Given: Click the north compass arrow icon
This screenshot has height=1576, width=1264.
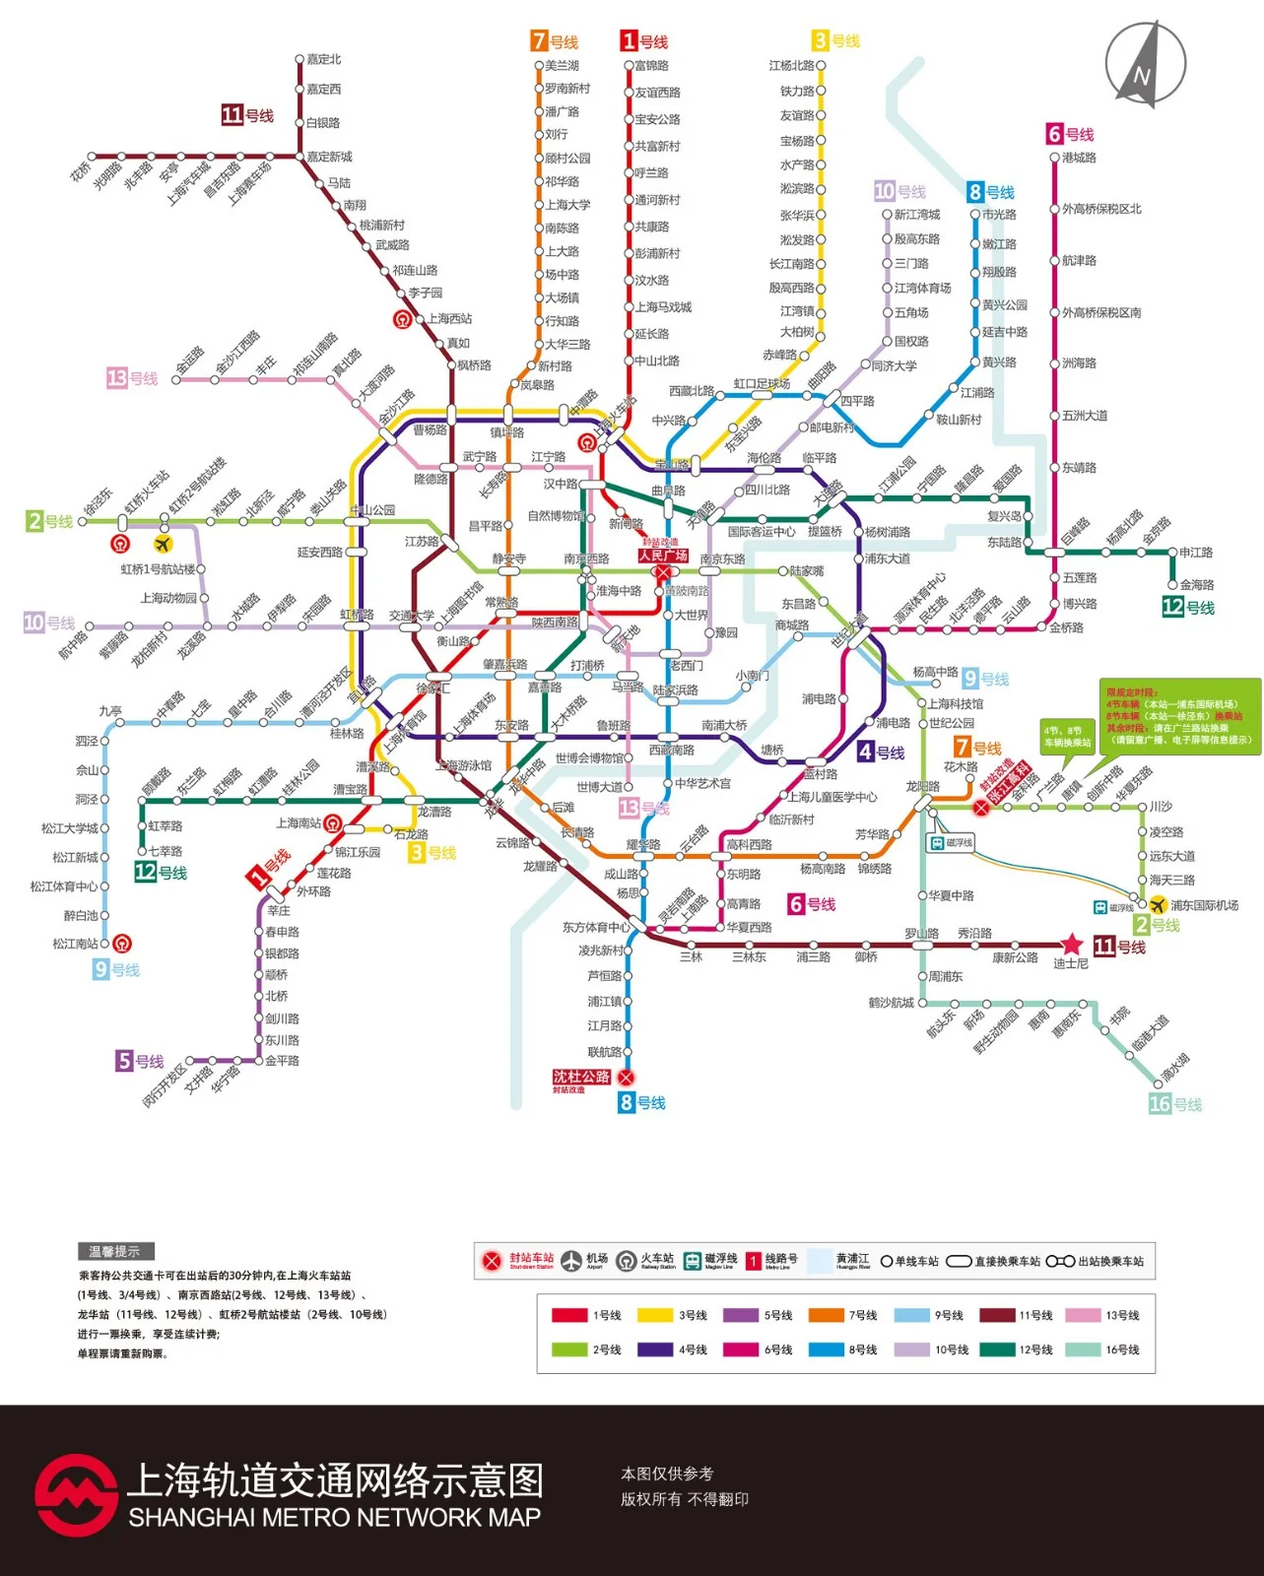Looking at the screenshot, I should click(1145, 64).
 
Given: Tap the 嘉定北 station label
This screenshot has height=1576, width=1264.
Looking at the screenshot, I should click(323, 59).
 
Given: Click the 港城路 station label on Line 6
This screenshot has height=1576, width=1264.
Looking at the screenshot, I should click(1079, 158).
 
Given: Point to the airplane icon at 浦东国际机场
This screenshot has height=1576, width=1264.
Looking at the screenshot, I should click(1158, 904).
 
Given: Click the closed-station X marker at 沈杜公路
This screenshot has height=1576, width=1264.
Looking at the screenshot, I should click(626, 1078).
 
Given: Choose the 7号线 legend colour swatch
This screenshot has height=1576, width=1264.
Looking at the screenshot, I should click(826, 1315).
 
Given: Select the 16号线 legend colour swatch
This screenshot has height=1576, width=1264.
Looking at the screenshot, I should click(1083, 1349).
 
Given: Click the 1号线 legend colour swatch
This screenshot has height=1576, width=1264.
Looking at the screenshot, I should click(569, 1315).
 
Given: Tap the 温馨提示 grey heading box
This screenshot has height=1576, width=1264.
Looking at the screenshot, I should click(115, 1252).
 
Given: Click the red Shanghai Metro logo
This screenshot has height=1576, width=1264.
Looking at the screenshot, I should click(75, 1494).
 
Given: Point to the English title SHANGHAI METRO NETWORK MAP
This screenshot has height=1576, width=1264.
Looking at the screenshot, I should click(334, 1518).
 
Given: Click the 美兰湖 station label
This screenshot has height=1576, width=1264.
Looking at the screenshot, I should click(562, 66).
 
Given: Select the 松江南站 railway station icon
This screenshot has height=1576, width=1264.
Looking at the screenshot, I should click(121, 944).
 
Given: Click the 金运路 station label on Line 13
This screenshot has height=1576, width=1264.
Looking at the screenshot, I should click(190, 360).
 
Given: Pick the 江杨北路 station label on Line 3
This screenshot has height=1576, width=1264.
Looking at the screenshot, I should click(791, 66).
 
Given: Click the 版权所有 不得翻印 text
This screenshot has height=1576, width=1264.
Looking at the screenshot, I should click(684, 1499).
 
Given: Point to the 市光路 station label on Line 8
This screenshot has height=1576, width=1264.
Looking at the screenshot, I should click(999, 215).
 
